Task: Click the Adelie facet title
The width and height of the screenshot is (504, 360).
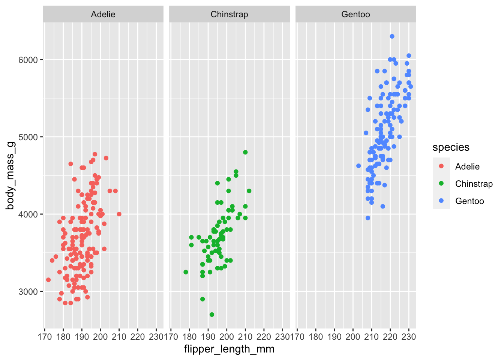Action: [103, 15]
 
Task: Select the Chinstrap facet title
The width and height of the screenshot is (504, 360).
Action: [229, 15]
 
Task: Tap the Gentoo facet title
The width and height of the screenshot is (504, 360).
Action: [355, 15]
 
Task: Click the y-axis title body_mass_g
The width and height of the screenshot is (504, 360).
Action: [10, 175]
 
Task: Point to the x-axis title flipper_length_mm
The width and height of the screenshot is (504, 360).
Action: [229, 349]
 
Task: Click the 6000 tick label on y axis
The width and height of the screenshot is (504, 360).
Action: [28, 60]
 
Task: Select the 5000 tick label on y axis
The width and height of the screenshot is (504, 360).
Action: [28, 137]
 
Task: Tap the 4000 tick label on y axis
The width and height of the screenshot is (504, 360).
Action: [28, 214]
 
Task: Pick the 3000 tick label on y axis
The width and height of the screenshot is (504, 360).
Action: [28, 292]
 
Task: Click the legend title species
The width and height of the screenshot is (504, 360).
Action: [451, 147]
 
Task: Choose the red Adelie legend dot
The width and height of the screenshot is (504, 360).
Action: [441, 166]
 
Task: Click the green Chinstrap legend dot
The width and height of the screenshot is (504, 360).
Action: [441, 184]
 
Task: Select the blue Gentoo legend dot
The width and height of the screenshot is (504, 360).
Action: [441, 201]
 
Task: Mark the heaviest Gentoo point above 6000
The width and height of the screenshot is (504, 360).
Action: [392, 36]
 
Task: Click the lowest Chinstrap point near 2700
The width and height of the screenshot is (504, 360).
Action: [212, 315]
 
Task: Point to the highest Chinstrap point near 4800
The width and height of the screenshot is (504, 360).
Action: [245, 152]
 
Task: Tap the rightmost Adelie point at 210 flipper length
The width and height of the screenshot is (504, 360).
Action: [119, 214]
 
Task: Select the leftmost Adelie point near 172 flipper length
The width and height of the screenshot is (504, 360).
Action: [48, 280]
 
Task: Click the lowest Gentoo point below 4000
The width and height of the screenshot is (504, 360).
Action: [368, 218]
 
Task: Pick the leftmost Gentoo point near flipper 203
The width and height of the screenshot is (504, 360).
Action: [358, 166]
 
